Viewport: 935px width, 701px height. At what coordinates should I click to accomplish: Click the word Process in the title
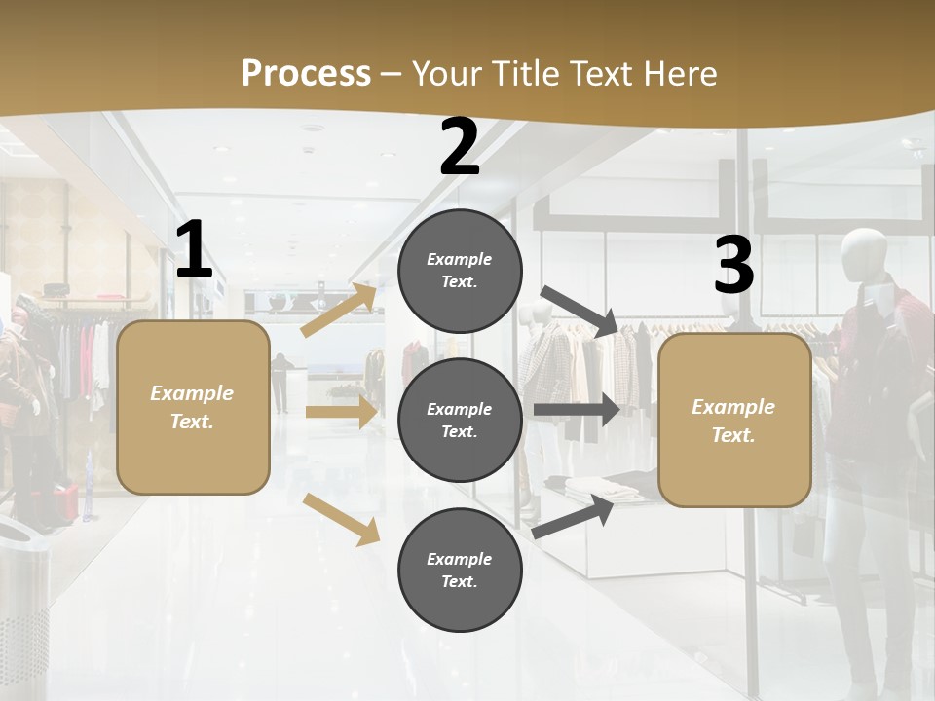pyautogui.click(x=306, y=74)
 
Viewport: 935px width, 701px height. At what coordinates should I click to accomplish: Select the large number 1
pyautogui.click(x=194, y=250)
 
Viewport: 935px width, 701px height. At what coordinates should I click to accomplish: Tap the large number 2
pyautogui.click(x=460, y=148)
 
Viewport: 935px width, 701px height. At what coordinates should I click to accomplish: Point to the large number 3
pyautogui.click(x=733, y=265)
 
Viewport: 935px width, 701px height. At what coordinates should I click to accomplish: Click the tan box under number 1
pyautogui.click(x=193, y=407)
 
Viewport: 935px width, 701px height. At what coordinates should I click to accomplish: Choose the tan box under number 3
pyautogui.click(x=734, y=421)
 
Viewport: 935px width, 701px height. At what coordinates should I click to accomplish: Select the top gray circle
pyautogui.click(x=460, y=271)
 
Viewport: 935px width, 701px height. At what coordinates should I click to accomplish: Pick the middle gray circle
pyautogui.click(x=460, y=421)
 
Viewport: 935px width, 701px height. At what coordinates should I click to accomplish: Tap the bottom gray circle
pyautogui.click(x=460, y=571)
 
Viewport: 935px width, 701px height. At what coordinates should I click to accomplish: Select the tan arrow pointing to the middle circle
pyautogui.click(x=341, y=412)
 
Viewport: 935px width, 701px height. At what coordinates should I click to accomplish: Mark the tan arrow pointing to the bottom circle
pyautogui.click(x=341, y=518)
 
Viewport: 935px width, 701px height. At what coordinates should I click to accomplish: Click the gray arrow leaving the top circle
pyautogui.click(x=580, y=311)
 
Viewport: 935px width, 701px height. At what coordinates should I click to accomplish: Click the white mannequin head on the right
pyautogui.click(x=864, y=256)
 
